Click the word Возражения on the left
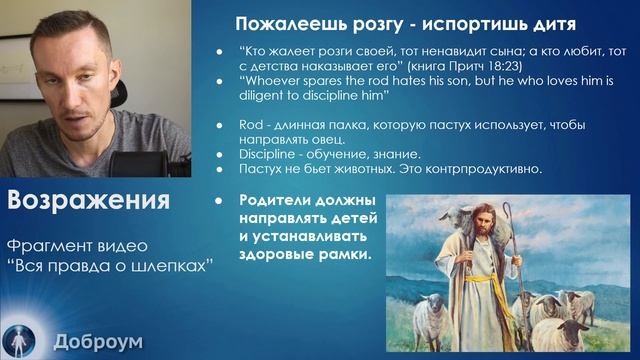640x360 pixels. coord(88,199)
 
